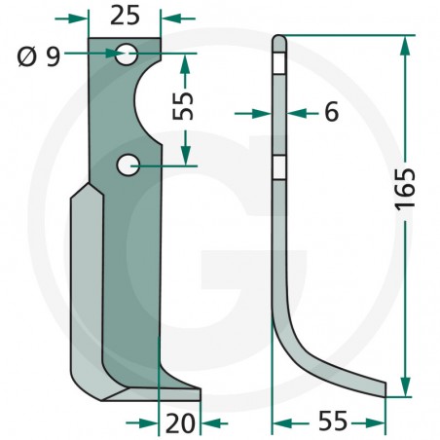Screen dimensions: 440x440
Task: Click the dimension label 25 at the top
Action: click(x=125, y=16)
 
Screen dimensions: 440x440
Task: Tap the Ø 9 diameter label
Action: click(x=39, y=56)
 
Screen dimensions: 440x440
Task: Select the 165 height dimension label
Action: click(x=406, y=189)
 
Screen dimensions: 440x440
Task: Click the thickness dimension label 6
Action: click(x=331, y=111)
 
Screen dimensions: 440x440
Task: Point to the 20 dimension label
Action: click(x=180, y=423)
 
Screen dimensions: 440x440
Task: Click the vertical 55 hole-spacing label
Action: click(x=183, y=106)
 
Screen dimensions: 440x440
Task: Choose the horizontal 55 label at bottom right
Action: click(x=333, y=422)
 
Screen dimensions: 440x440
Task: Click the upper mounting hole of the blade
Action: click(x=128, y=55)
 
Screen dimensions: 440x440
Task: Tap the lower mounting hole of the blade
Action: click(x=128, y=165)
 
